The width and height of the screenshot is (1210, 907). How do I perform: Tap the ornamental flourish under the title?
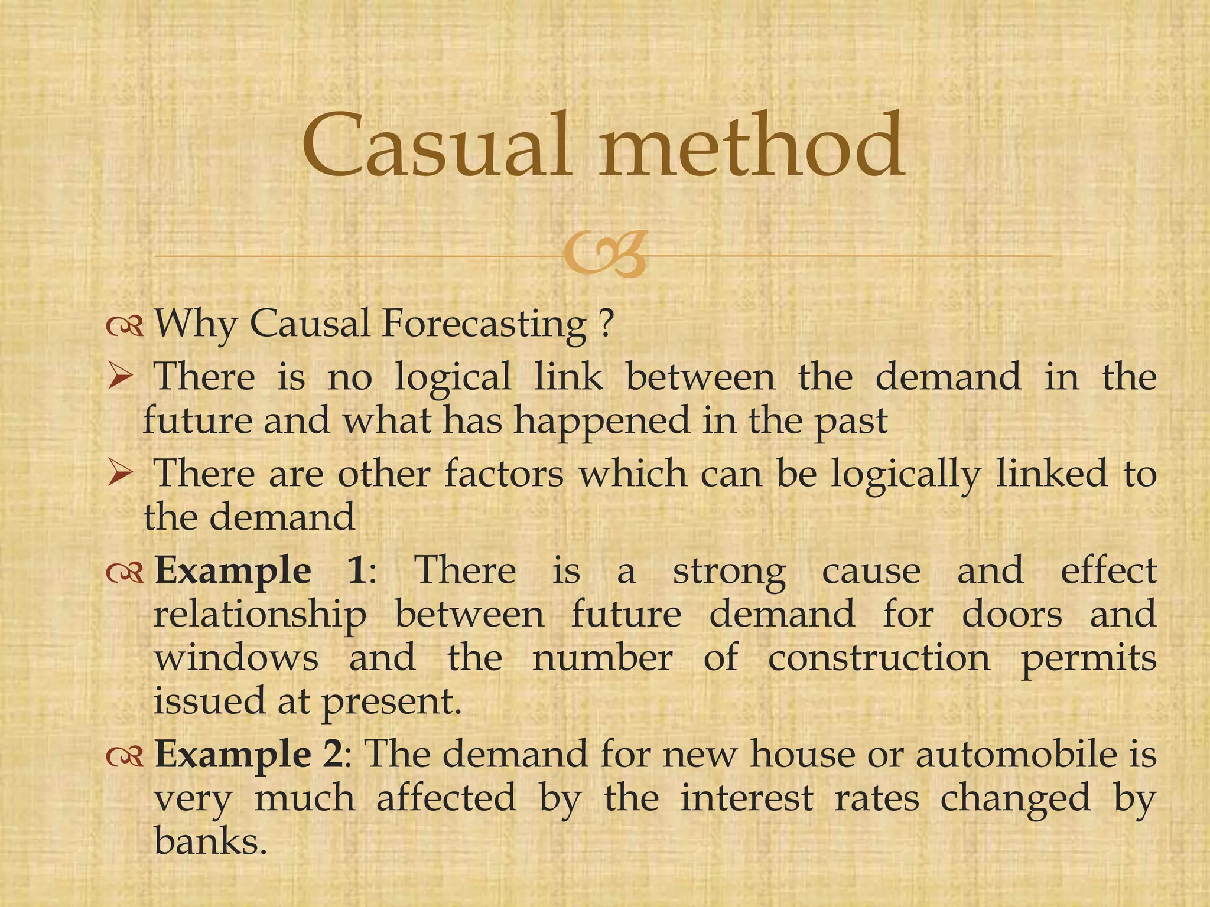pyautogui.click(x=604, y=255)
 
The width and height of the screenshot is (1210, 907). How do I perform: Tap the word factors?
pyautogui.click(x=504, y=474)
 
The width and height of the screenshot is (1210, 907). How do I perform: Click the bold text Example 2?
pyautogui.click(x=248, y=756)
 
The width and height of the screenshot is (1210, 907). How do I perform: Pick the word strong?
pyautogui.click(x=729, y=572)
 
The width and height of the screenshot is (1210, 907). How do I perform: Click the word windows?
pyautogui.click(x=236, y=658)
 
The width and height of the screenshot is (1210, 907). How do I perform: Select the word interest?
pyautogui.click(x=747, y=798)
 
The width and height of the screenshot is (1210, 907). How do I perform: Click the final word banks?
pyautogui.click(x=207, y=841)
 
